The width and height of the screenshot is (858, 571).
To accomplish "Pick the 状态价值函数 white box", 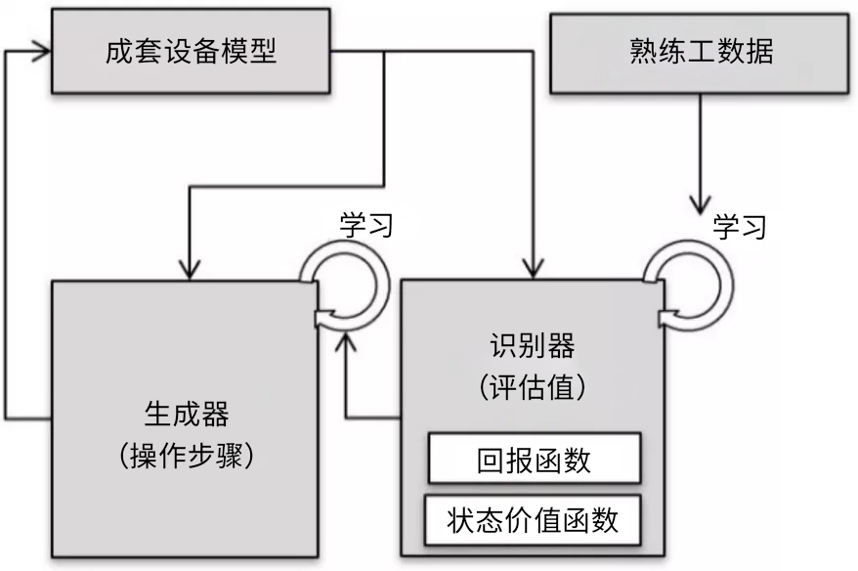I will click(x=534, y=519).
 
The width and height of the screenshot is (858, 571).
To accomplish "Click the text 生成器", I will click(x=185, y=417).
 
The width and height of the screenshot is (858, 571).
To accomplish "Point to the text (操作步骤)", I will click(x=185, y=456).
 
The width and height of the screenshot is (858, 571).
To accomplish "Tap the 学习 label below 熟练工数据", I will click(x=739, y=227).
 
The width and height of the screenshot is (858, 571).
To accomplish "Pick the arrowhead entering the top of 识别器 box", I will click(x=534, y=267).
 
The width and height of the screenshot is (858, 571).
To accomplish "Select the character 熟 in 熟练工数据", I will click(x=643, y=51).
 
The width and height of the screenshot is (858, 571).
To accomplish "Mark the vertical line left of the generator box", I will click(x=7, y=235).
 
